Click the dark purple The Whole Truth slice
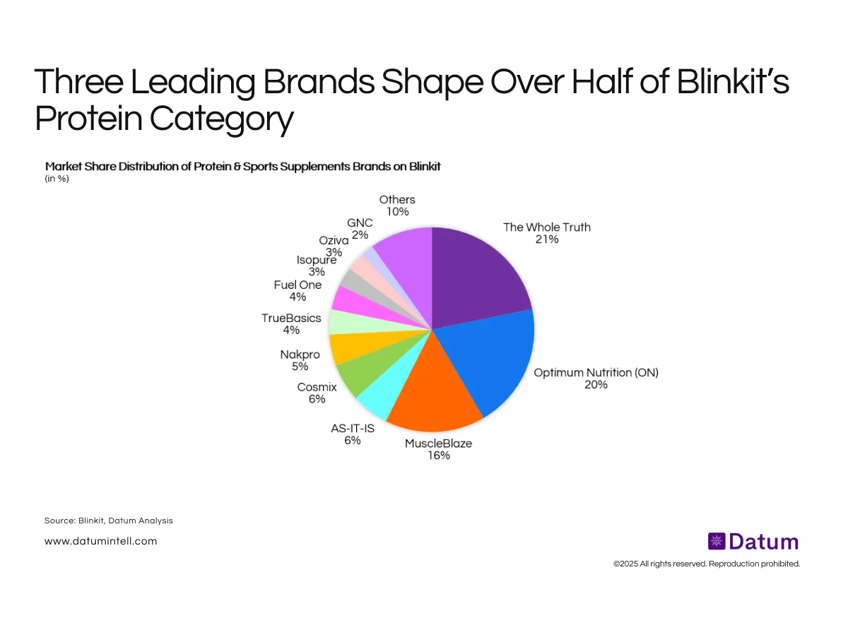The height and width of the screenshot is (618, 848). pyautogui.click(x=477, y=275)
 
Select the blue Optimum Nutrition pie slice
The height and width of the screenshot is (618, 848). pyautogui.click(x=491, y=360)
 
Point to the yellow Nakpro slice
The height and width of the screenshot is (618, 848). pyautogui.click(x=347, y=347)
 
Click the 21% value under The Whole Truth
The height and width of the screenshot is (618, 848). pyautogui.click(x=546, y=239)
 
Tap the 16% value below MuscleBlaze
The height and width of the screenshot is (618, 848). pyautogui.click(x=438, y=456)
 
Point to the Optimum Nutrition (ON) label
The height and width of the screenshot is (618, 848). pyautogui.click(x=596, y=372)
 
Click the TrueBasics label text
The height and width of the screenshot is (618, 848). pyautogui.click(x=290, y=318)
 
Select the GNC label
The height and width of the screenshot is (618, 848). pyautogui.click(x=360, y=222)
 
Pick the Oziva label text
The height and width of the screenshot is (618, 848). pyautogui.click(x=334, y=241)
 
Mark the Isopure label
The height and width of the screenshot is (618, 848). pyautogui.click(x=316, y=260)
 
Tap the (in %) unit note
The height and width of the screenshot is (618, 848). pyautogui.click(x=57, y=179)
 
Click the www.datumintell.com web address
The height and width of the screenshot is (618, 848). pyautogui.click(x=100, y=541)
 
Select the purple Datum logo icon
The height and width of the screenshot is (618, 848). pyautogui.click(x=716, y=542)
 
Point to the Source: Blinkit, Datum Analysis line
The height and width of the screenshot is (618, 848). pyautogui.click(x=108, y=521)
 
